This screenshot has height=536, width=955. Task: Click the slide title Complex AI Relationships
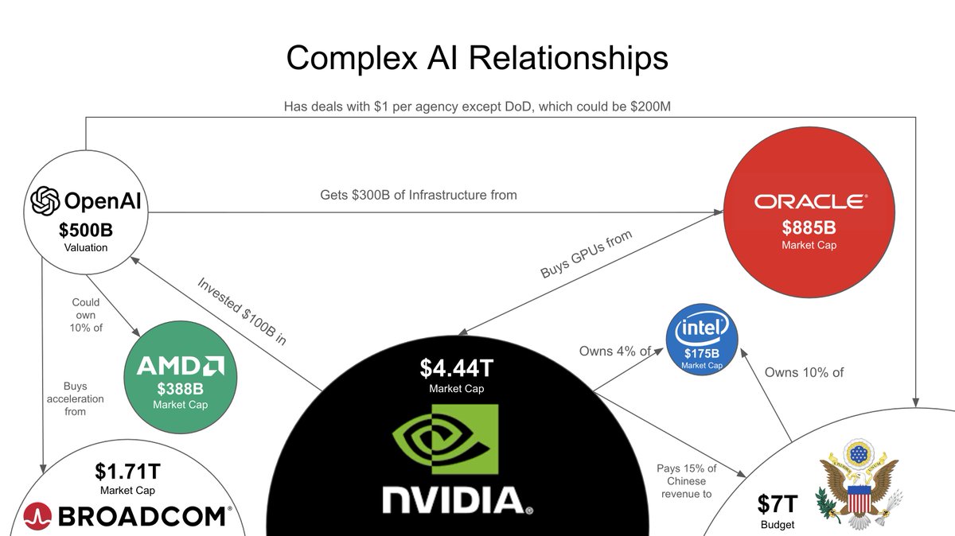[x=477, y=59]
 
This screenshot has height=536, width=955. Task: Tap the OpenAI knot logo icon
[x=45, y=200]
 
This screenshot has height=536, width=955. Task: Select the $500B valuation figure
[x=86, y=231]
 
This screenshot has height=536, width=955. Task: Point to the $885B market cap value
[x=809, y=227]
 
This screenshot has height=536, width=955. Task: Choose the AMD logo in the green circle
[x=180, y=365]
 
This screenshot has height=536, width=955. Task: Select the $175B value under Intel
[x=703, y=353]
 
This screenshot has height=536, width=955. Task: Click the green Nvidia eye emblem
[x=446, y=442]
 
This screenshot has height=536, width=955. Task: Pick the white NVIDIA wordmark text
[x=455, y=500]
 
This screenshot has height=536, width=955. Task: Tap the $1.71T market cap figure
[x=127, y=472]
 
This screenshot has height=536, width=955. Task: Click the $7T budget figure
[x=777, y=504]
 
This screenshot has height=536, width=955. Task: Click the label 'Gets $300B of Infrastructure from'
[x=419, y=195]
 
